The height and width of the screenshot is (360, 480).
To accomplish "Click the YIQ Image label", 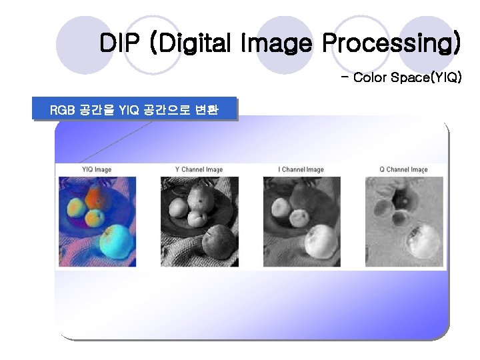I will [97, 169].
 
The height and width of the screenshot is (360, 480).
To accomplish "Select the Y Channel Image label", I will [198, 169].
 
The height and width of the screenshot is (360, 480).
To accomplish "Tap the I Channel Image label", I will [301, 169].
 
